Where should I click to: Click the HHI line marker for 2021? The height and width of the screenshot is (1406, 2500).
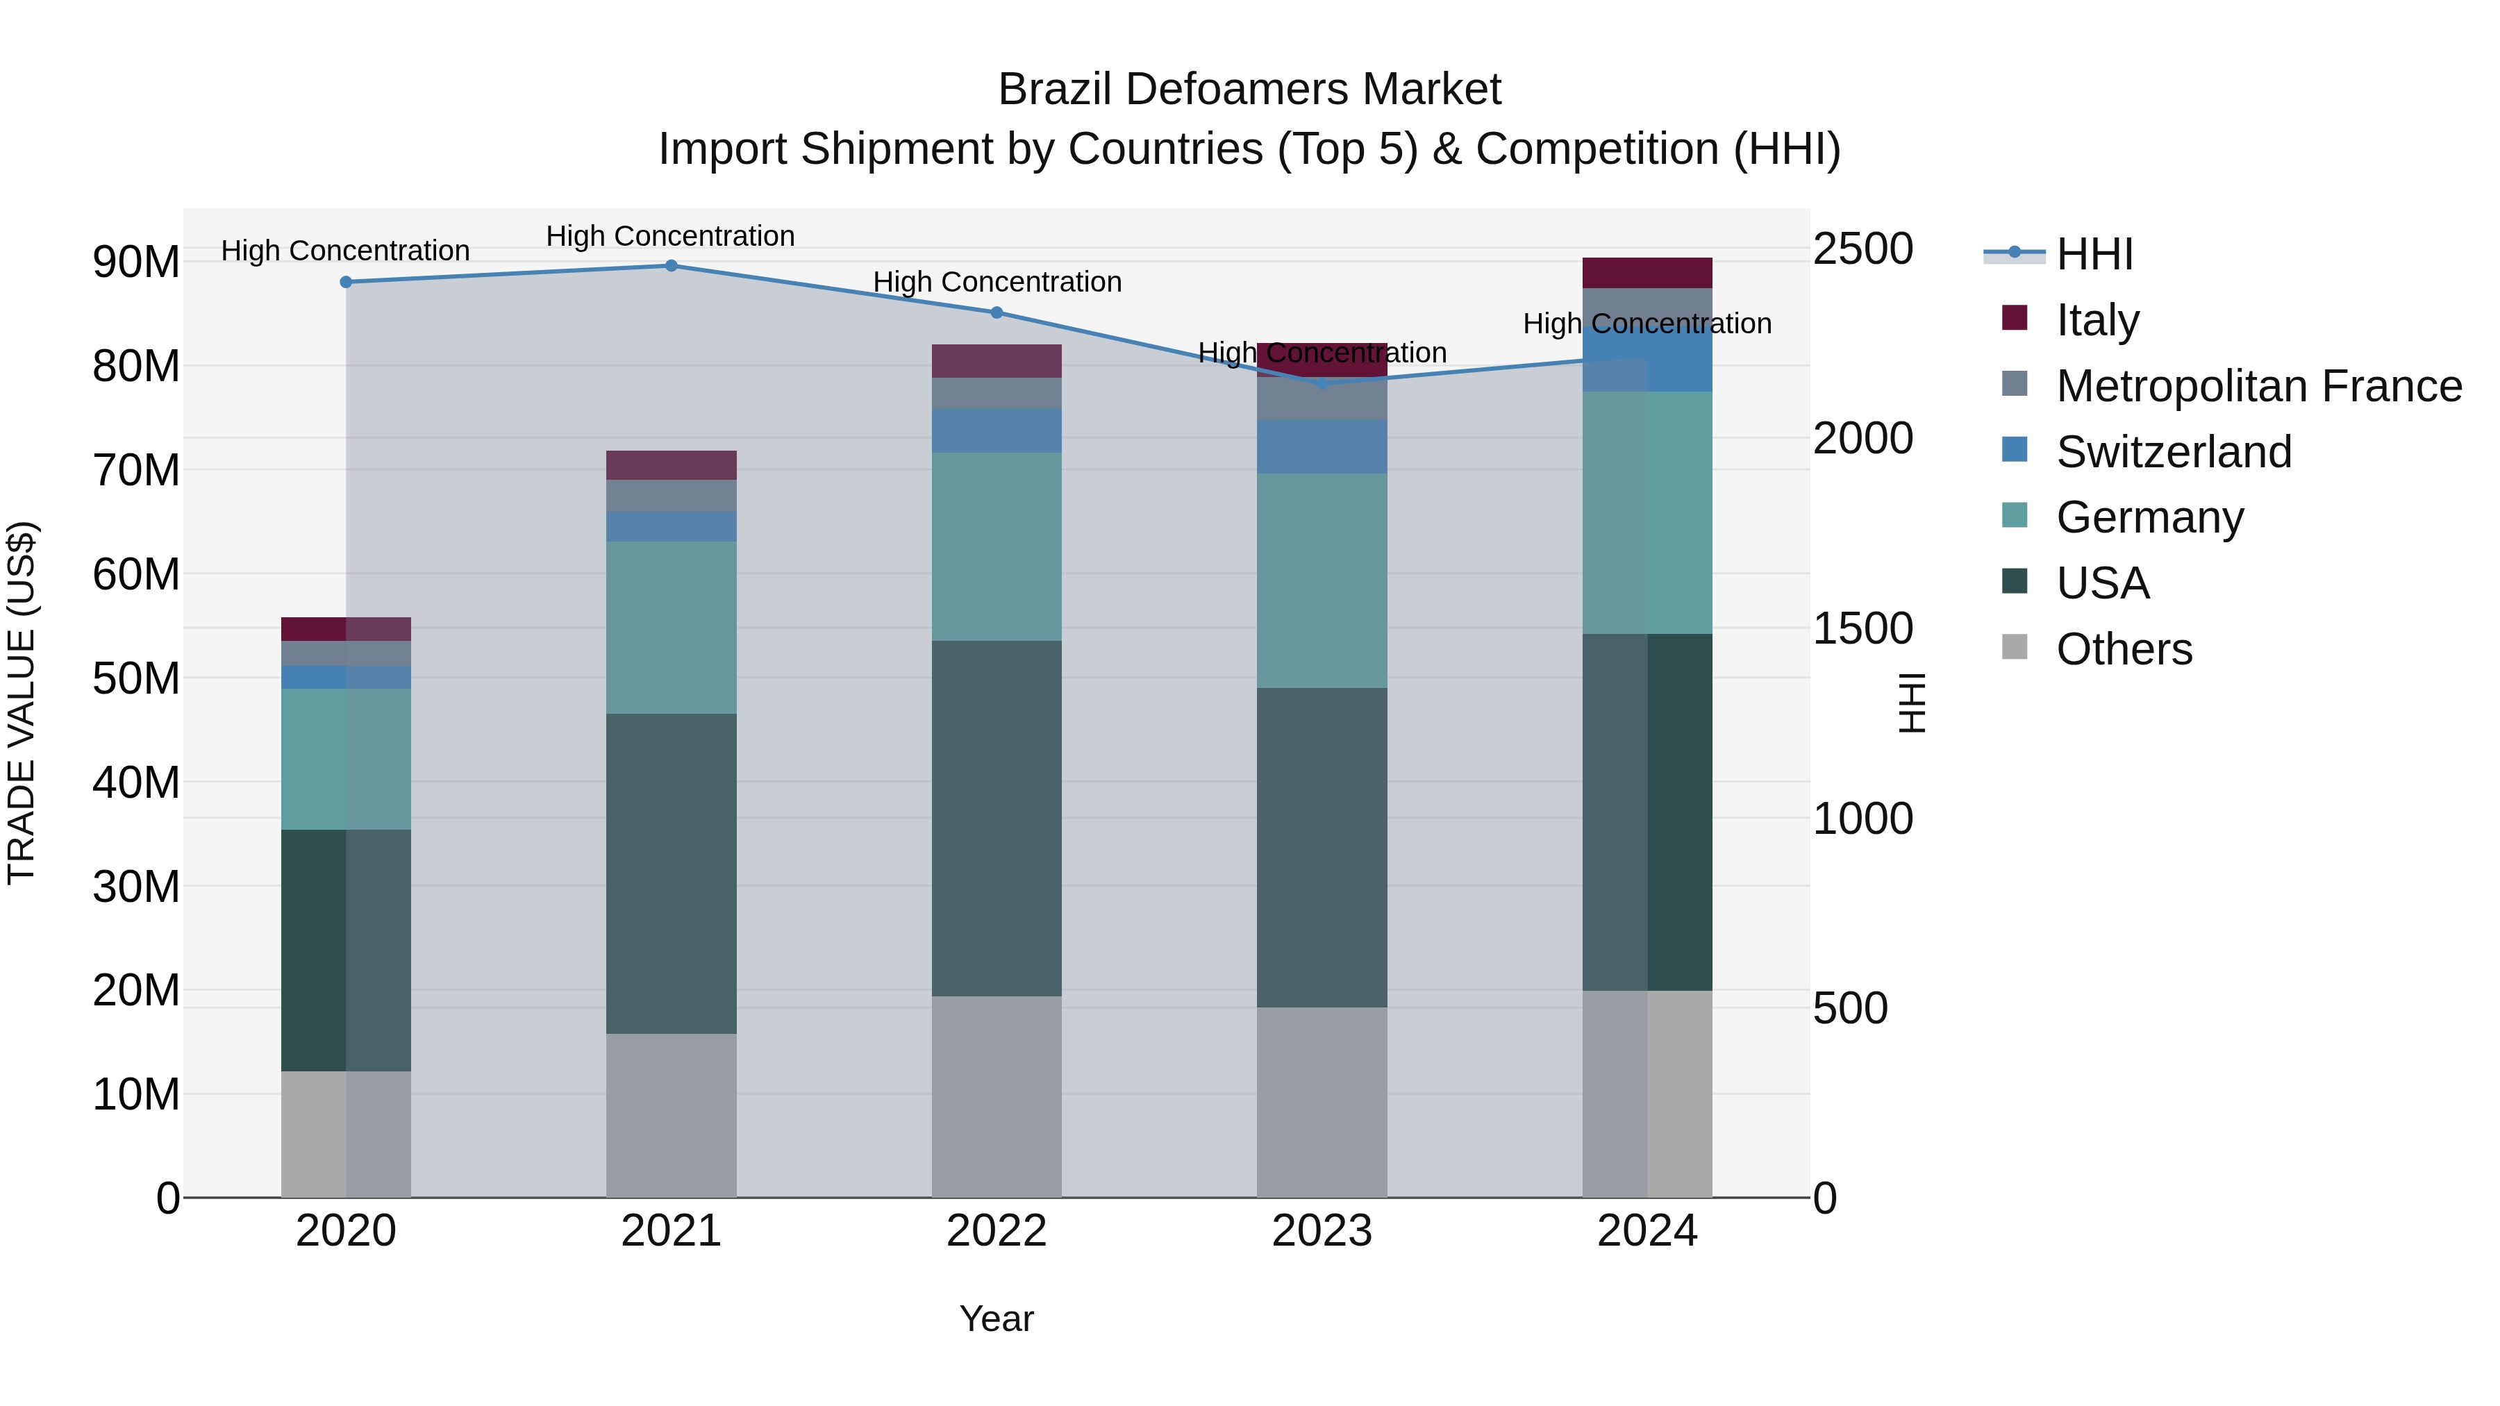671,266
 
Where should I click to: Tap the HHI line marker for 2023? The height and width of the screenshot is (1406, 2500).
1322,384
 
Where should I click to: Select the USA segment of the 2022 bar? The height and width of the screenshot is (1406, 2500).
996,818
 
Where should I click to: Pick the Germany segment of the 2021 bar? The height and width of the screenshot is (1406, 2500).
671,627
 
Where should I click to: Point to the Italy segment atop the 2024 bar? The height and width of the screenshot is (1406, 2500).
1647,273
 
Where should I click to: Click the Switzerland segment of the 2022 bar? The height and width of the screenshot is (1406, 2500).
996,430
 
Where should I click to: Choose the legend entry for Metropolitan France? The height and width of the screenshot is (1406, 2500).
2258,386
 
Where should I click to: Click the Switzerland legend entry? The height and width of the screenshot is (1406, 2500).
2173,452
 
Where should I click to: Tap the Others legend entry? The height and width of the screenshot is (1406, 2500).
2124,649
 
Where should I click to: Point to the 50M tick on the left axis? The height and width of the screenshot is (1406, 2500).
136,678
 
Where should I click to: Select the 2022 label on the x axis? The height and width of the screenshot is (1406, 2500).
996,1231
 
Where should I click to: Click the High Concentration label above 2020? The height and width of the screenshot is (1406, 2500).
346,251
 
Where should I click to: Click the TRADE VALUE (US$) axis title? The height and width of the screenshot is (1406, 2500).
22,703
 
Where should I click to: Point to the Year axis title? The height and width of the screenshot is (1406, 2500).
996,1319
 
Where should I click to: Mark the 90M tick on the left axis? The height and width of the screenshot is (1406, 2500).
136,262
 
